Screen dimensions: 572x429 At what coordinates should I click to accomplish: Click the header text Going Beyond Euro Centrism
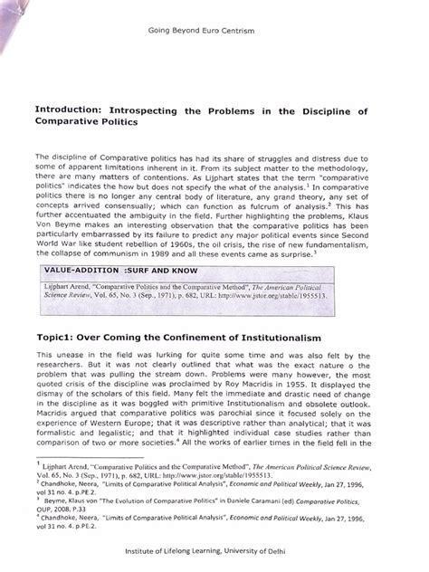[x=214, y=32]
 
